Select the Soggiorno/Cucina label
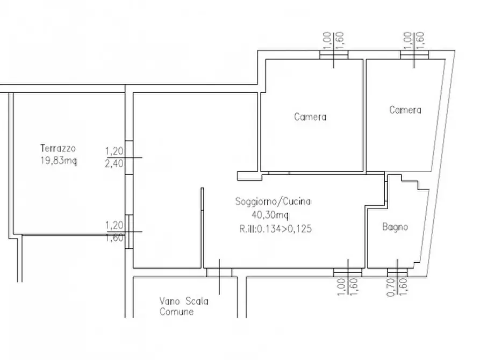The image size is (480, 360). coord(273,203)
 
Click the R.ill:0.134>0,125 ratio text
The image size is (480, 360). coord(276,228)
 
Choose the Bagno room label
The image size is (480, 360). coord(395,227)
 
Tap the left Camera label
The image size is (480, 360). coord(310,117)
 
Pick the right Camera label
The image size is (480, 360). coord(405,110)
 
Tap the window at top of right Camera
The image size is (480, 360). coord(414,55)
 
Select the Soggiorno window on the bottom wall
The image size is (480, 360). coord(347,272)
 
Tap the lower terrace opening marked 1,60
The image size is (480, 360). coord(129,232)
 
